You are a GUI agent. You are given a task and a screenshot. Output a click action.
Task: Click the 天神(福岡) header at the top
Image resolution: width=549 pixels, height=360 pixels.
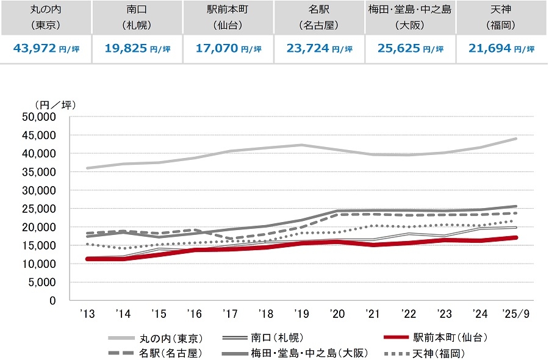[502, 18]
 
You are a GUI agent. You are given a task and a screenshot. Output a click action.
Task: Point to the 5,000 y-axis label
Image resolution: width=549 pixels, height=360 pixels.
[44, 283]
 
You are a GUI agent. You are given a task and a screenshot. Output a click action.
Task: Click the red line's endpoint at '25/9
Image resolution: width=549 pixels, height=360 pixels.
[517, 237]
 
